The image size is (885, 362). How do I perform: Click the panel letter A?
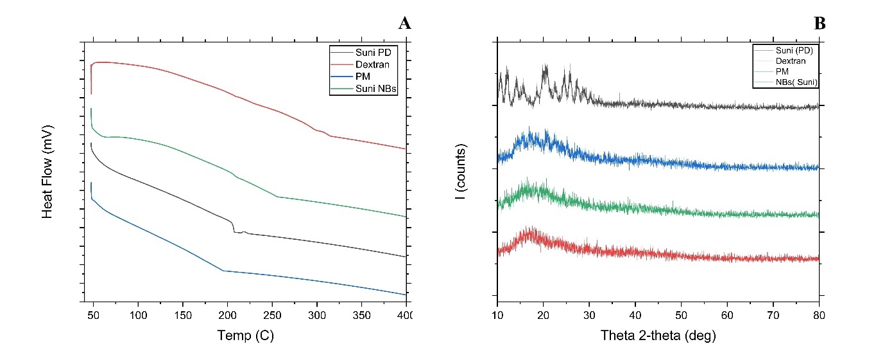point(404,24)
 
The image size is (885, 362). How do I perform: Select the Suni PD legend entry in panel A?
point(372,51)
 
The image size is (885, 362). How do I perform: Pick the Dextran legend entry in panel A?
point(372,64)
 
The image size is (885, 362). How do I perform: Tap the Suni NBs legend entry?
point(375,89)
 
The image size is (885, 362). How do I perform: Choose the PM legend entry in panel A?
point(362,77)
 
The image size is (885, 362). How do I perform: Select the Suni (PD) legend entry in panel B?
point(796,50)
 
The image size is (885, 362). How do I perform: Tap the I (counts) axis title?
point(460,170)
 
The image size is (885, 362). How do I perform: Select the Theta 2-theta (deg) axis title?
point(658,335)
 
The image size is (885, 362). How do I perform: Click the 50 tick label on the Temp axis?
point(94,314)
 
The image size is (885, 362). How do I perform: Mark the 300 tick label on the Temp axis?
point(317,314)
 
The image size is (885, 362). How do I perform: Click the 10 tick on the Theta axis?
point(497,314)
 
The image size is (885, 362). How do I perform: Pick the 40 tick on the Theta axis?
point(635,314)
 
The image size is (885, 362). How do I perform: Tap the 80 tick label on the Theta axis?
point(819,314)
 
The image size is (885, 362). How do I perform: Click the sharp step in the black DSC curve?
point(233,226)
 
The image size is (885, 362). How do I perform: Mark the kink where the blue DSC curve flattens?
point(223,271)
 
